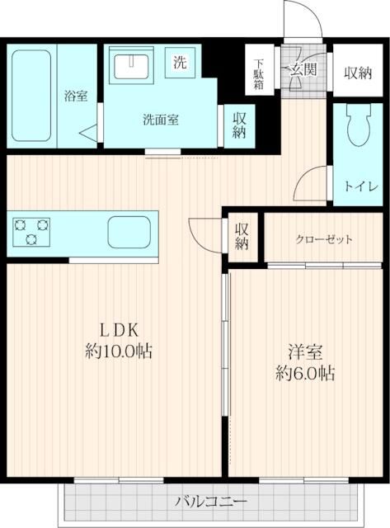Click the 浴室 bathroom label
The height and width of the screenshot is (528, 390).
76,96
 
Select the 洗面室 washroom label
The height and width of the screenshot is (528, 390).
161,118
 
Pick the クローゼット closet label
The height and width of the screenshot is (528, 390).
325,240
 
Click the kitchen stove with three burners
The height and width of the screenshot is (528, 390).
32,231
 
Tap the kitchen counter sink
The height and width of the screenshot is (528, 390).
129,230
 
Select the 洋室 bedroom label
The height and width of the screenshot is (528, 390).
306,351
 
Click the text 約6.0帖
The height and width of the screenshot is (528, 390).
306,373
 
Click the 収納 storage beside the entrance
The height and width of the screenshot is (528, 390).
358,73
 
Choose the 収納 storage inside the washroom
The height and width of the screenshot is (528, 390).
239,125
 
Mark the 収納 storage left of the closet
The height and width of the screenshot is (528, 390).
242,237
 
